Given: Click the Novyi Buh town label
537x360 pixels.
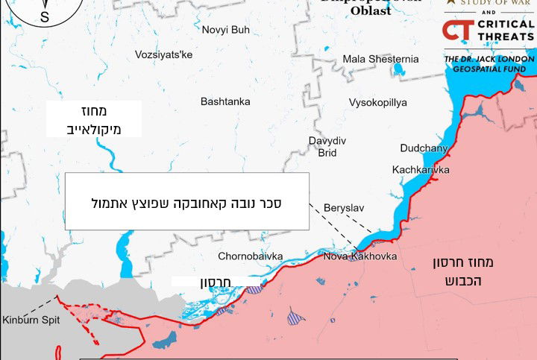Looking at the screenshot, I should point(225,30).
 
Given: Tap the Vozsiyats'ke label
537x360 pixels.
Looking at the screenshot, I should point(163,54).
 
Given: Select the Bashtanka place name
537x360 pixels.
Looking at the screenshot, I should point(225,101).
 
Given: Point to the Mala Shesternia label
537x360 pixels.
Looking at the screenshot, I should point(380,59).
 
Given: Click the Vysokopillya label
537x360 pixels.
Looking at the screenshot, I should point(377,103).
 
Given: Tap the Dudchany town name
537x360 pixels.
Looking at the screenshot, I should point(424,148).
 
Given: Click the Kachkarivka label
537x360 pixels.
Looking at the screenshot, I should point(421,170).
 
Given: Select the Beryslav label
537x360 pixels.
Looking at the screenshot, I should point(342,207).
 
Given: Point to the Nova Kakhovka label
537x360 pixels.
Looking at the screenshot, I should point(359,257).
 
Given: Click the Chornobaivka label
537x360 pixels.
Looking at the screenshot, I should point(250,256).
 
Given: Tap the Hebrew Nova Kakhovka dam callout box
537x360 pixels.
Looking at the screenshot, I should point(186,201).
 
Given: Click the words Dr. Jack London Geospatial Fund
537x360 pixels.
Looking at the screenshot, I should point(489,64).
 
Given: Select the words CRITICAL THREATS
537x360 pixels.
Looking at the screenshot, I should point(506,31).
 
